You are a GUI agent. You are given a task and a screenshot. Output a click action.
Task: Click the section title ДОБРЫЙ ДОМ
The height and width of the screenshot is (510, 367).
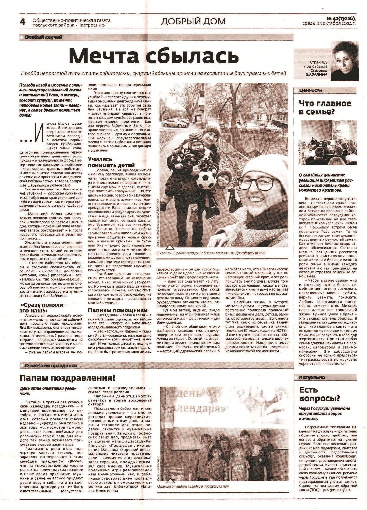pos(193,21)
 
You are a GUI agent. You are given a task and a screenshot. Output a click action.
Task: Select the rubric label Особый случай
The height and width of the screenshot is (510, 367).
pos(43,37)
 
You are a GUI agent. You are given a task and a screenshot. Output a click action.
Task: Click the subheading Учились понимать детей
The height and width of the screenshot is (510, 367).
pos(104,162)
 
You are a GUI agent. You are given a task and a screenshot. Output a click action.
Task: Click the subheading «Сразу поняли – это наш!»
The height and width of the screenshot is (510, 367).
pos(44,307)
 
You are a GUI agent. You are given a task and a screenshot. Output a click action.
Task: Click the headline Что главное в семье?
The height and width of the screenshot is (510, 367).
pos(325,107)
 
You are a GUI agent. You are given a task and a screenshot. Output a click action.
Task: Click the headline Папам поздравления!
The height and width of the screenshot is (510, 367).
pos(68,378)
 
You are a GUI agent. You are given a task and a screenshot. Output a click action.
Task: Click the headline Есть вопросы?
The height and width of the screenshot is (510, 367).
pos(320,394)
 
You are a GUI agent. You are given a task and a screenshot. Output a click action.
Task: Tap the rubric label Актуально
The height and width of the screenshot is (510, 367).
pos(312,377)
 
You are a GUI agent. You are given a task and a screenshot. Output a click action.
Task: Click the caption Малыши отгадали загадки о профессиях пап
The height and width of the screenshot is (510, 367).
pos(192,486)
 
